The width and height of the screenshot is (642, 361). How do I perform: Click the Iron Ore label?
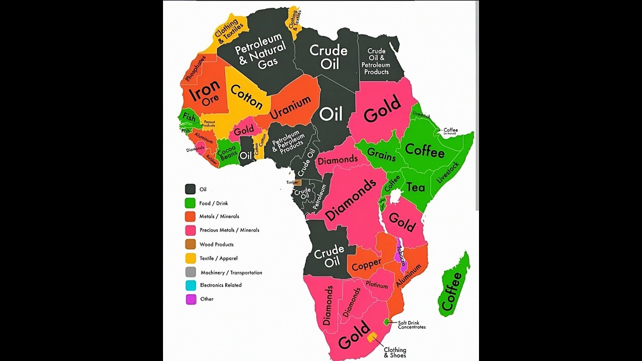point(204,93)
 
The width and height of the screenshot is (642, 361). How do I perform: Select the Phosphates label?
point(196,69)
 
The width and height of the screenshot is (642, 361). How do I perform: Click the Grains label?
point(381,154)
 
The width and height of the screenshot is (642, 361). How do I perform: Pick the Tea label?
point(415,188)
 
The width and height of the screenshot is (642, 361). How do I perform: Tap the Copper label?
point(366,264)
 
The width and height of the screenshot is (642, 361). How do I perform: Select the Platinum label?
point(377,285)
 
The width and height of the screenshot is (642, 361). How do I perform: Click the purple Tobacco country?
point(400,257)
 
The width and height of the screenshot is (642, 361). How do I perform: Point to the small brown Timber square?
point(297,183)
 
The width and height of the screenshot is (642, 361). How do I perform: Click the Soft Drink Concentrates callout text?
point(412,325)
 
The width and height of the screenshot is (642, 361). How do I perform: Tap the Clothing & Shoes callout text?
point(395,352)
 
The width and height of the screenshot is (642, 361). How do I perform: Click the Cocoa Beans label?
point(227,152)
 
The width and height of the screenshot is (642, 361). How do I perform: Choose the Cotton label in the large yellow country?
point(246,97)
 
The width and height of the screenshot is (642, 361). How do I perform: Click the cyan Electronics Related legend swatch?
point(191,285)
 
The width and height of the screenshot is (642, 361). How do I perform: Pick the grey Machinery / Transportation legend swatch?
point(191,272)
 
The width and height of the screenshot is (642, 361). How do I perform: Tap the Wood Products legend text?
point(216,245)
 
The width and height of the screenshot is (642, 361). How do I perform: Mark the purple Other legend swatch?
point(191,299)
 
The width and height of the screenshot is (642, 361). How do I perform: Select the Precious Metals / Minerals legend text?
point(229,230)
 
